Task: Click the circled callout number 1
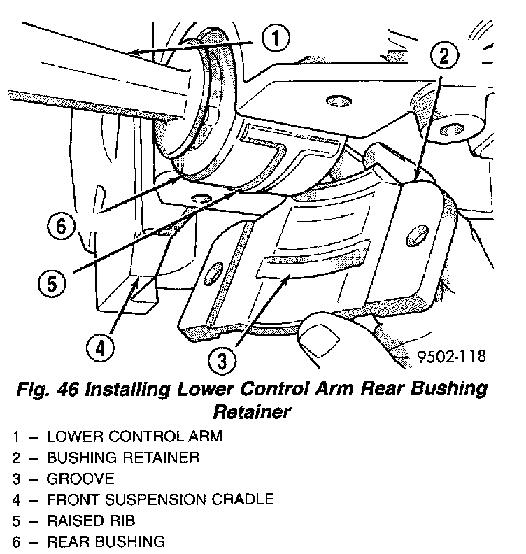click(x=276, y=38)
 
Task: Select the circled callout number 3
click(x=222, y=361)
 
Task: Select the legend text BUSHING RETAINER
click(x=122, y=458)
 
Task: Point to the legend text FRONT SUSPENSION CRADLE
click(x=159, y=500)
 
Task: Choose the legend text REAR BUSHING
click(x=106, y=542)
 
